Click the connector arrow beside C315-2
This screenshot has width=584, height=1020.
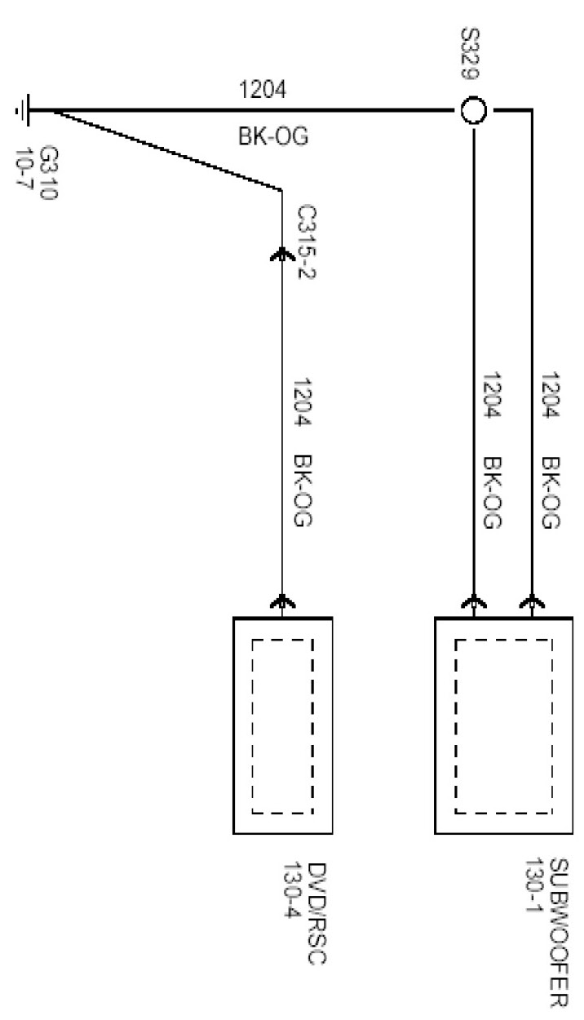pyautogui.click(x=281, y=254)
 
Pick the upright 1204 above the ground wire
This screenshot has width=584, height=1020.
pyautogui.click(x=263, y=90)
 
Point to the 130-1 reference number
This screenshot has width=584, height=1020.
pyautogui.click(x=535, y=886)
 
